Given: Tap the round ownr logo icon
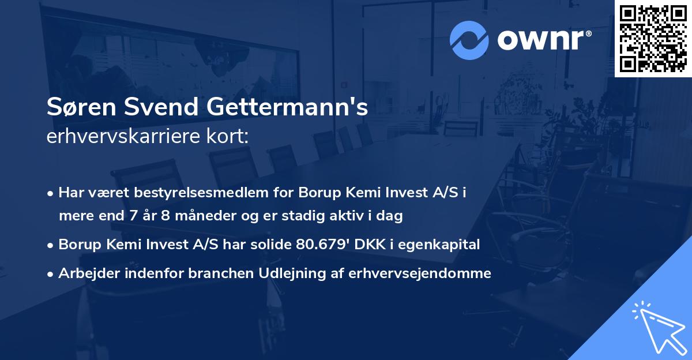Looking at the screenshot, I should pyautogui.click(x=468, y=40).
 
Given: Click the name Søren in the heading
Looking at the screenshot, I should pyautogui.click(x=76, y=108).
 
